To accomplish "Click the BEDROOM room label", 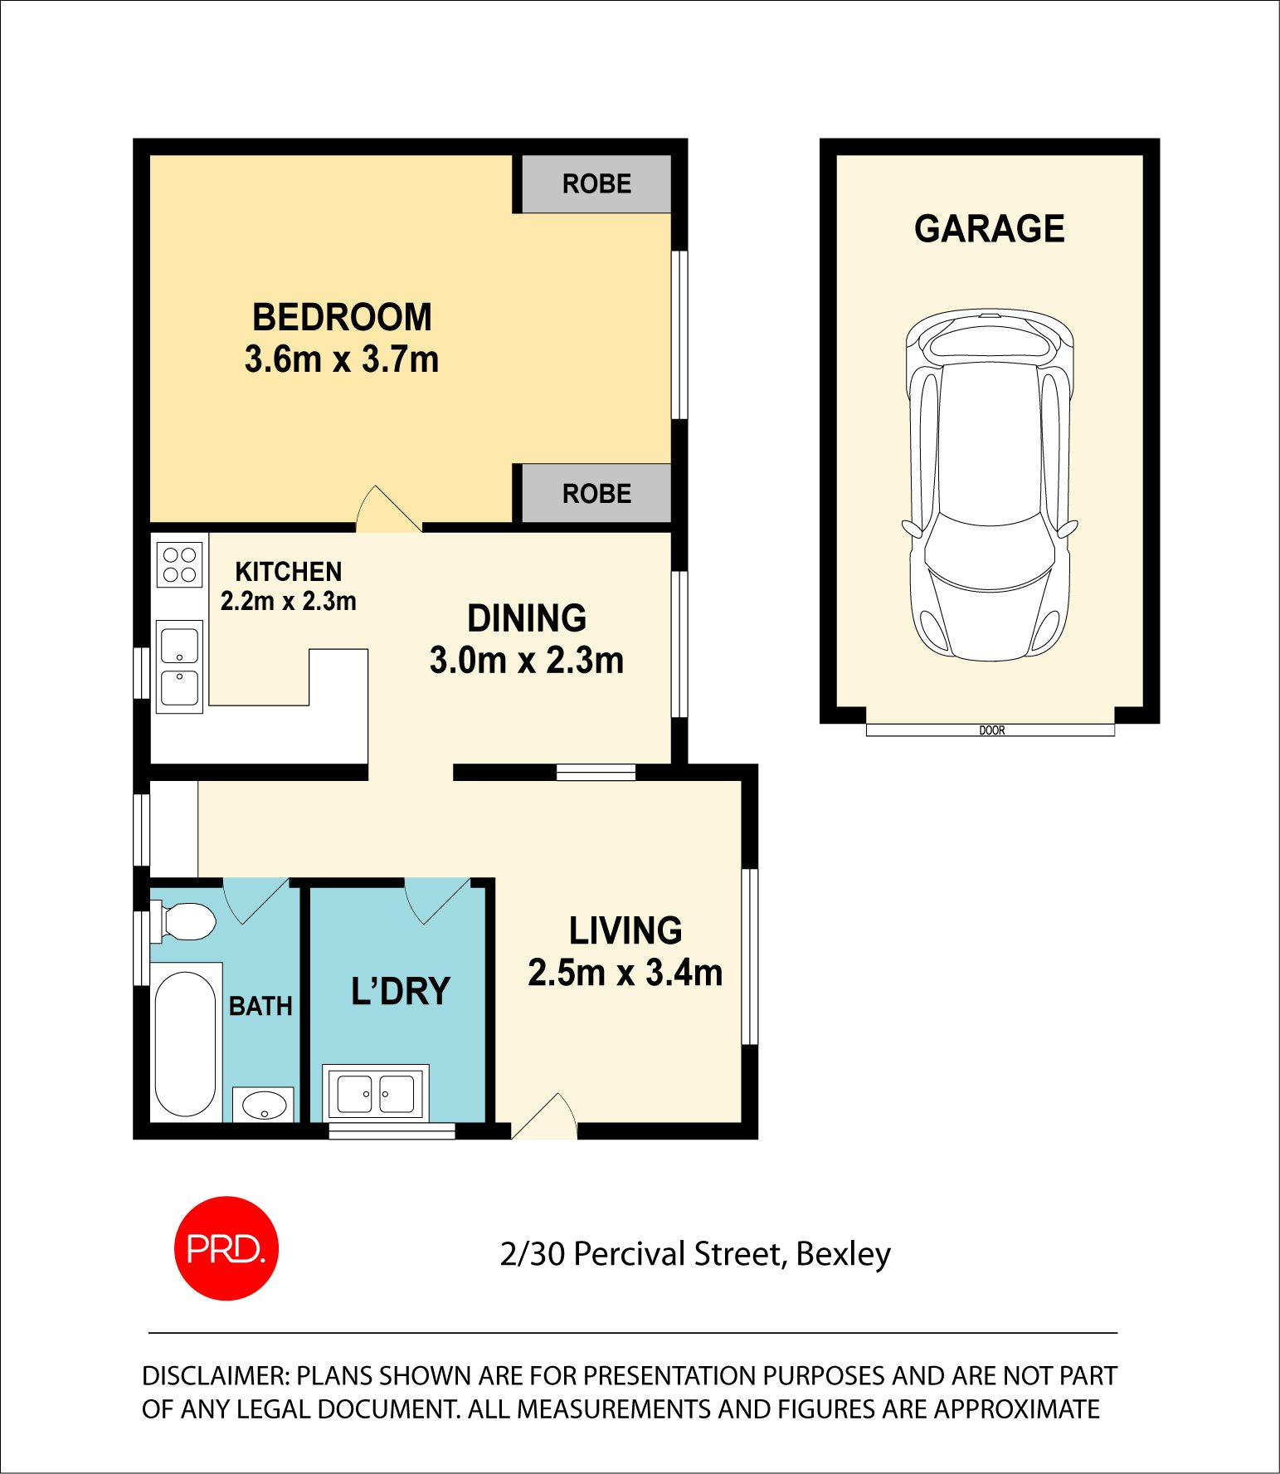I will point(342,317).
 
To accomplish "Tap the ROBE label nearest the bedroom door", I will point(596,494).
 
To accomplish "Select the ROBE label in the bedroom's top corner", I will point(596,183).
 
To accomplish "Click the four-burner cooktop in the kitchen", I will point(179,564).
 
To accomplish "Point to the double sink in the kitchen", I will point(179,667).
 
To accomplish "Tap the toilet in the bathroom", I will point(186,921).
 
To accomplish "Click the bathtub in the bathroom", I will point(185,1043).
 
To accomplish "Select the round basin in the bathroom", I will point(264,1105).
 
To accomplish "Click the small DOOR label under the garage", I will point(991,730).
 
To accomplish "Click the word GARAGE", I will point(989,229).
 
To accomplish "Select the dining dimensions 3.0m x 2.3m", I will point(526,661).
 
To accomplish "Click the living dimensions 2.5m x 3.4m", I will point(625,973).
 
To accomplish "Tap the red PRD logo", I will point(226,1247).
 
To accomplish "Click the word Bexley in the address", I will point(843,1254).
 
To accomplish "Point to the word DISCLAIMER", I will point(215,1376).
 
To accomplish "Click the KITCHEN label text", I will point(288,572).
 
